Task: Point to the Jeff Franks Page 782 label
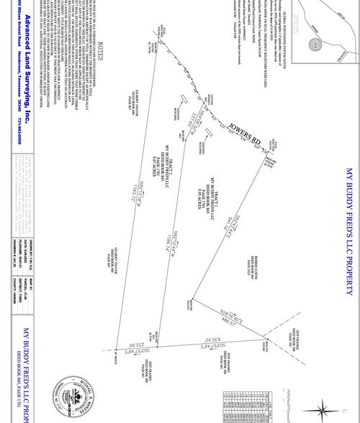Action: [x=292, y=337]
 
